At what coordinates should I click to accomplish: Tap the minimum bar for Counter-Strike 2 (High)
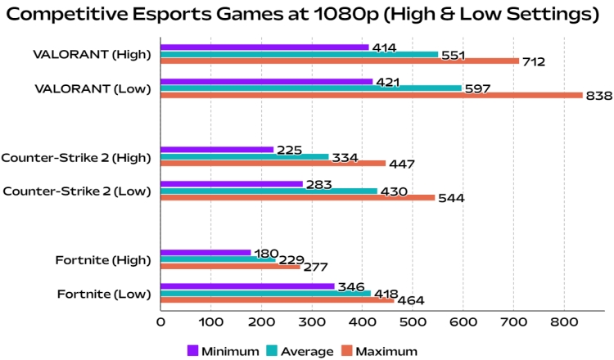point(217,150)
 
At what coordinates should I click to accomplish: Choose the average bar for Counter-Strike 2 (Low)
point(269,191)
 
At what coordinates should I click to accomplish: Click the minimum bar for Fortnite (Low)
point(247,286)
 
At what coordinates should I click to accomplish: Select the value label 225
point(289,151)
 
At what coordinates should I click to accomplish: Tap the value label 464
point(409,301)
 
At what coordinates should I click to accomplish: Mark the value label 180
point(265,253)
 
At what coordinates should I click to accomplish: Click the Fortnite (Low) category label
point(104,293)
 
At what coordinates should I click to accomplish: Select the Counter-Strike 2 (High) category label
point(77,157)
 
